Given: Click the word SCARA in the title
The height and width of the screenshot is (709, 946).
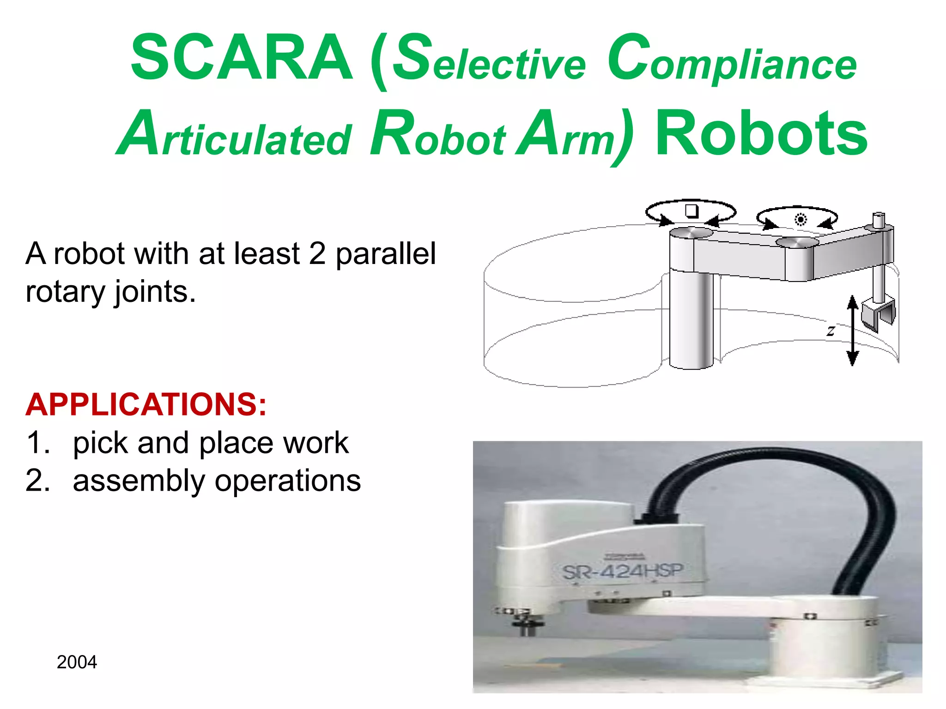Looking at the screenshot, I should (241, 59).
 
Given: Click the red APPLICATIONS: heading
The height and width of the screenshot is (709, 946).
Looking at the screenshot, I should (146, 404).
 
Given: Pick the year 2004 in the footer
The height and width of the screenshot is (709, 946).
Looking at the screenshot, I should (77, 662).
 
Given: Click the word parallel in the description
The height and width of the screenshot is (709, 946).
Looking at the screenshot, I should (385, 254).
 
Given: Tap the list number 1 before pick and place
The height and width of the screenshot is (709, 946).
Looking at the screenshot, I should (37, 443).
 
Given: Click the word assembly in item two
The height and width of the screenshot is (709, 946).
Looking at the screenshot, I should (139, 481).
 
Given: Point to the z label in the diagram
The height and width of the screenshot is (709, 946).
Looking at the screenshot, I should (831, 330).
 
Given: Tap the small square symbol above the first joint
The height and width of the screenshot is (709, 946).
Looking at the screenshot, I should (691, 211).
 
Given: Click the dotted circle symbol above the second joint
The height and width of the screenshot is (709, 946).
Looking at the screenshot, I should (800, 220).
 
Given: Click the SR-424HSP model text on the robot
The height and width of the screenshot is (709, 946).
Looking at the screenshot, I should (622, 571).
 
